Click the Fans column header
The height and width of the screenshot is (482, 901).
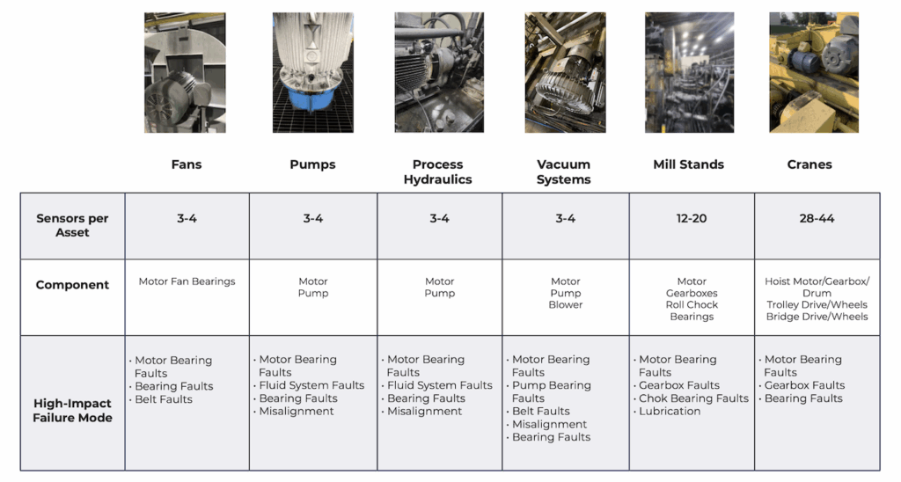[186, 164]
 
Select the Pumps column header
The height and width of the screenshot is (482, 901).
[312, 164]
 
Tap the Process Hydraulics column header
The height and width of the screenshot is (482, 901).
[437, 172]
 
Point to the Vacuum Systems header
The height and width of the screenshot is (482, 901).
[564, 172]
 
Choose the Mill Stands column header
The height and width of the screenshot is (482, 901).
[688, 164]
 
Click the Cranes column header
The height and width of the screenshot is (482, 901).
[809, 164]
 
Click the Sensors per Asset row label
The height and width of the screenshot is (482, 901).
[72, 225]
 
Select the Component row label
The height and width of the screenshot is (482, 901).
[72, 285]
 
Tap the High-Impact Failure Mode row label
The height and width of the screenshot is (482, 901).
[72, 411]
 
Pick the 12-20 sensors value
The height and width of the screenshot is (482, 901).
[692, 218]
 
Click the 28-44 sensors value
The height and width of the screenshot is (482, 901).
[817, 218]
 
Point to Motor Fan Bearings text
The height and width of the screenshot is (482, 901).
[187, 282]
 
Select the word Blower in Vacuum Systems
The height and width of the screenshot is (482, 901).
[566, 305]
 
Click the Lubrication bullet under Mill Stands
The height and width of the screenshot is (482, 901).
[670, 411]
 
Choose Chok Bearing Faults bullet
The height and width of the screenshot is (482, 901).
[693, 398]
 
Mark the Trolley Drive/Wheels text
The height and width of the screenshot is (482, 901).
[817, 305]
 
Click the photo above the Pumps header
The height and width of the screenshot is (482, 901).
[312, 72]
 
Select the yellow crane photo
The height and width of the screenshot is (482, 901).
[813, 72]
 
